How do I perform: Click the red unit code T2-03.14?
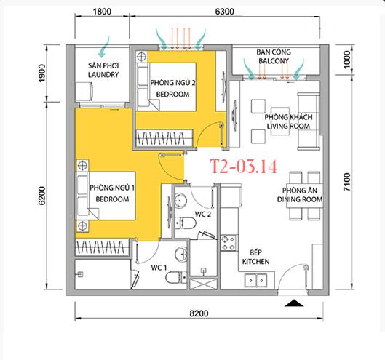[244, 167]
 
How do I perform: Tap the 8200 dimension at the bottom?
[199, 313]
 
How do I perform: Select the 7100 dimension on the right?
[347, 182]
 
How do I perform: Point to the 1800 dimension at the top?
[102, 12]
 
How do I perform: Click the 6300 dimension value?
[224, 12]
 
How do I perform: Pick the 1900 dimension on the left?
[42, 73]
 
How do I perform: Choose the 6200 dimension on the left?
[42, 196]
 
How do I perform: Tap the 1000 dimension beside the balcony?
[346, 60]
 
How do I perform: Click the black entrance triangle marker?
[295, 303]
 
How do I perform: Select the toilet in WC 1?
[176, 278]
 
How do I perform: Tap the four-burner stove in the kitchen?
[229, 243]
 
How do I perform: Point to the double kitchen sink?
[255, 280]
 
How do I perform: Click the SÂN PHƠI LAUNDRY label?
[103, 71]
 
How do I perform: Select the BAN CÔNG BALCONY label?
[274, 57]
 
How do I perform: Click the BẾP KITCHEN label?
[255, 257]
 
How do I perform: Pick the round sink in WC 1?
[181, 255]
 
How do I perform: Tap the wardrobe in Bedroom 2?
[164, 138]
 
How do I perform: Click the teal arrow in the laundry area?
[103, 47]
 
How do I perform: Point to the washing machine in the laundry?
[84, 92]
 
